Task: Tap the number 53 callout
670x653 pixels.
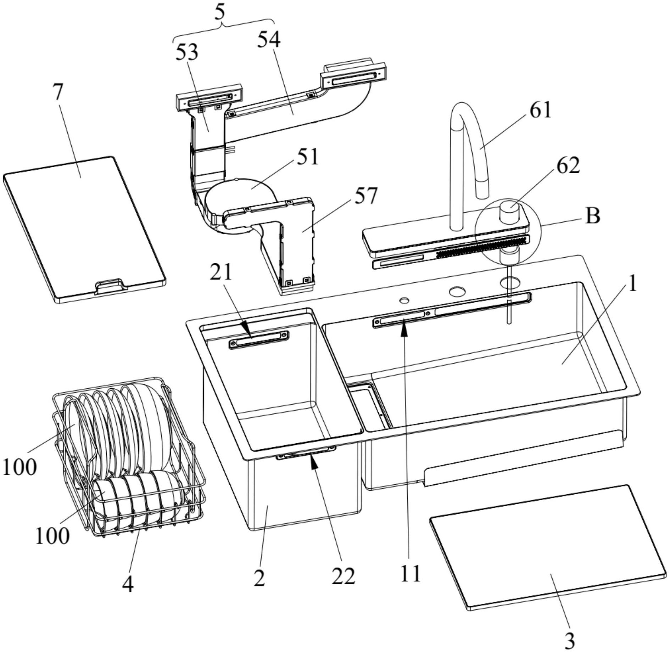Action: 187,53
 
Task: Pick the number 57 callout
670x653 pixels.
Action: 365,196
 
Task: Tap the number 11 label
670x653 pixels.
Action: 410,573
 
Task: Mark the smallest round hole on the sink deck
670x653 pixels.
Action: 404,300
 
